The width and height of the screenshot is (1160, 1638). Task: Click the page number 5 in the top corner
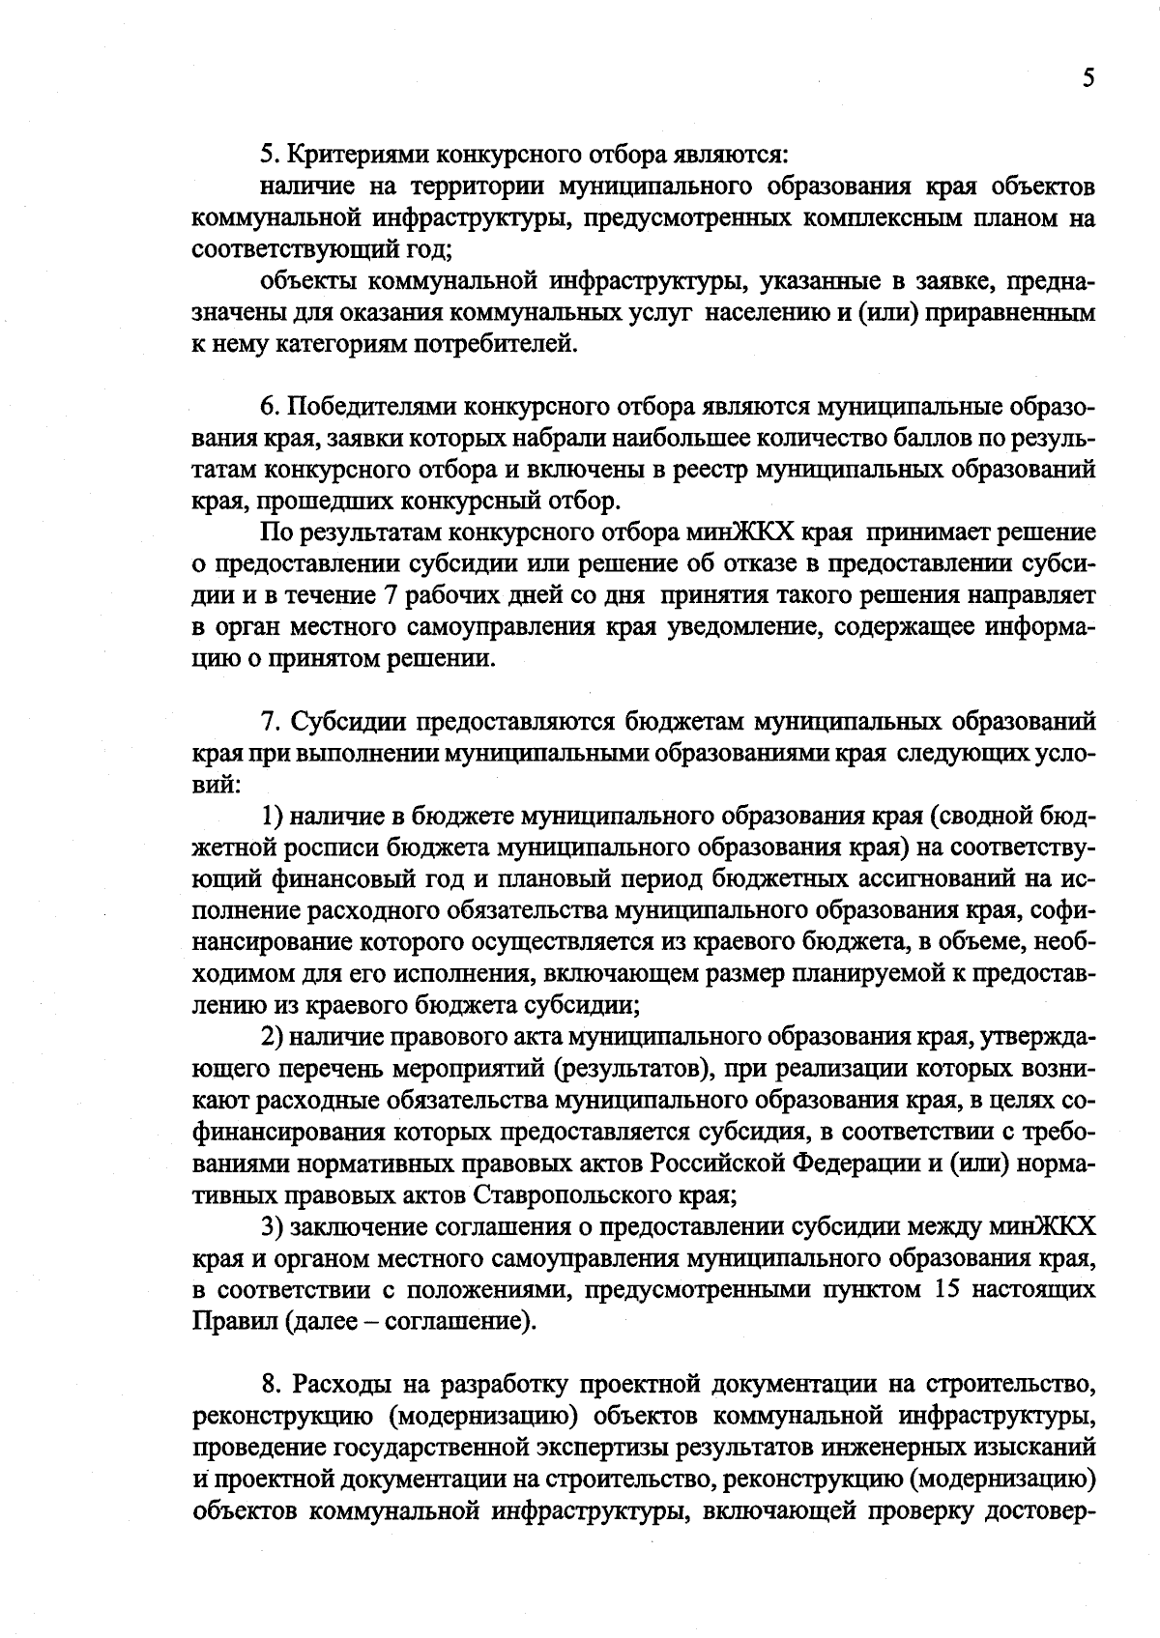point(1087,78)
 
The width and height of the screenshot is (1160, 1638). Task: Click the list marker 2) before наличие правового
point(272,1038)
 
